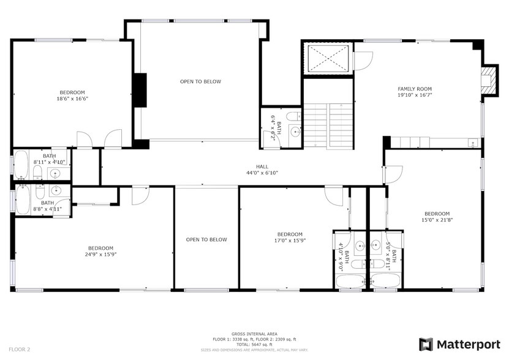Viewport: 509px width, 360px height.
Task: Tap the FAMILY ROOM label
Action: coord(415,89)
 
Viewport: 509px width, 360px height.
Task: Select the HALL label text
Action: coord(262,167)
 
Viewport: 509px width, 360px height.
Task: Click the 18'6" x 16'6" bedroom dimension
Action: coord(73,99)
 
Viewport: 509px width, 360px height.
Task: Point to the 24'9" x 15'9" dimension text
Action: coord(100,255)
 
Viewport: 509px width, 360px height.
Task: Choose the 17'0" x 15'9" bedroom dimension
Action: coord(290,241)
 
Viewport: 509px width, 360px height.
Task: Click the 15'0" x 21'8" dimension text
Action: coord(437,220)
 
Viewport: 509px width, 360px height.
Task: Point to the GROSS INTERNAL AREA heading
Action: coord(253,334)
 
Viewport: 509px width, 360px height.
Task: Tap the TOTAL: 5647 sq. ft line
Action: coord(253,344)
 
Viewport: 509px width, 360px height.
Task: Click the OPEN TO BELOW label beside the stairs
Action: coord(200,81)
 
